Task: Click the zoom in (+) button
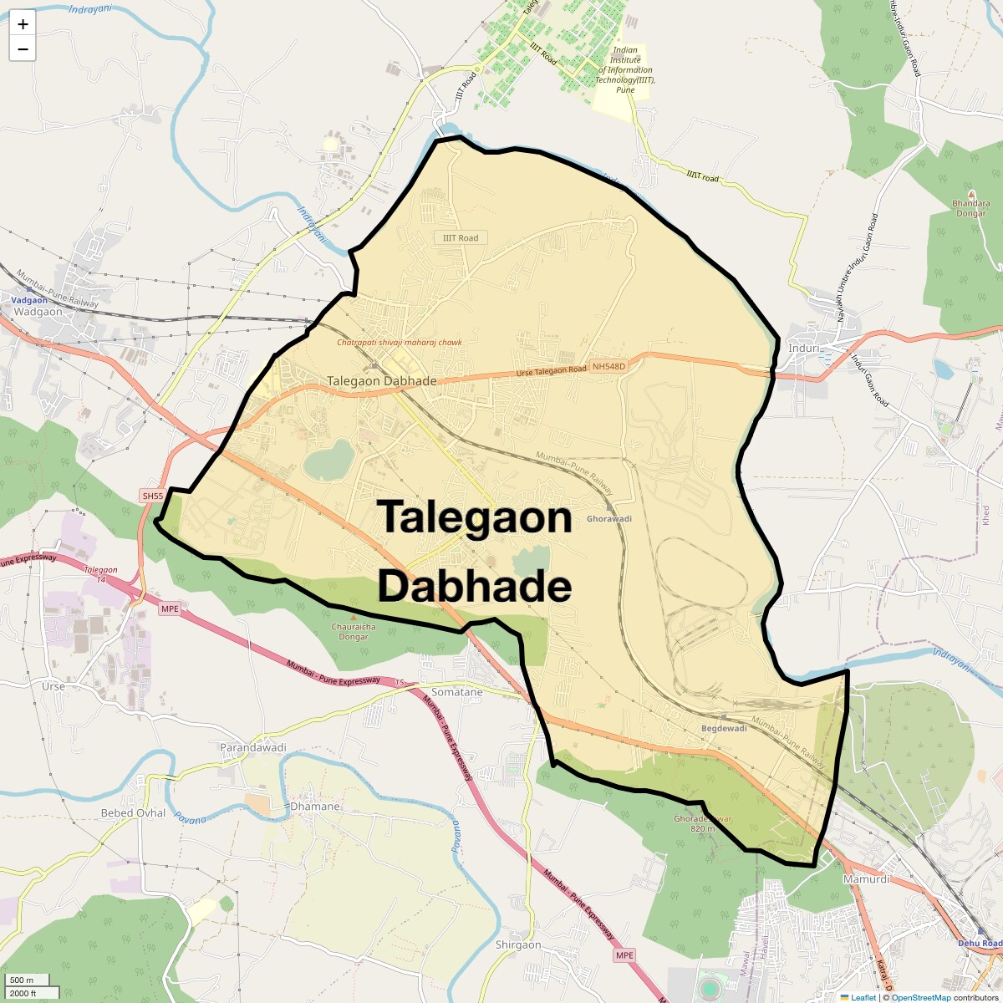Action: coord(23,24)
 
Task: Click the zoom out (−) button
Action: coord(23,49)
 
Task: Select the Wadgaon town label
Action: coord(38,312)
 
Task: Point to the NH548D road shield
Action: coord(607,366)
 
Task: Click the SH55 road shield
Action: coord(153,496)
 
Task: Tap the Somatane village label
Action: coord(456,692)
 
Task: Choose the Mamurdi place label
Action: coord(866,879)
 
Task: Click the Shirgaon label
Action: coord(518,944)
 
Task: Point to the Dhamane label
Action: coord(315,807)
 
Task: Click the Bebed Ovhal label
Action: coord(133,812)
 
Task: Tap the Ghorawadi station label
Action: coord(609,519)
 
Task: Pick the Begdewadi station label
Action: coord(724,728)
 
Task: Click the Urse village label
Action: coord(53,686)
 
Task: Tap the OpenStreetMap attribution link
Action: coord(920,997)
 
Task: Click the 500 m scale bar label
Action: coord(22,980)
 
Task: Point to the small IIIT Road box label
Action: coord(461,238)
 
